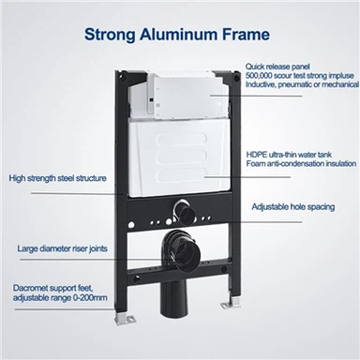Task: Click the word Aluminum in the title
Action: (178, 34)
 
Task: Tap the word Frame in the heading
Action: (246, 34)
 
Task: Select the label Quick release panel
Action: (277, 67)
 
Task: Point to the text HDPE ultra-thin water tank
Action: (289, 155)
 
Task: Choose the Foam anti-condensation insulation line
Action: (301, 163)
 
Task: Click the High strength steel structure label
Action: (57, 178)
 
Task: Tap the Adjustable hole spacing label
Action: (293, 207)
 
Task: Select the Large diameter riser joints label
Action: (62, 248)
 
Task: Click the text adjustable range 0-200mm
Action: (60, 298)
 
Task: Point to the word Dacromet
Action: (30, 288)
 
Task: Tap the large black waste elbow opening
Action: (187, 252)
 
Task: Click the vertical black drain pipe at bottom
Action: (173, 297)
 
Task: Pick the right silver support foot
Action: (230, 303)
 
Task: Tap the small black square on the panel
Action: (151, 100)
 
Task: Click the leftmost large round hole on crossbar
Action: (131, 225)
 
